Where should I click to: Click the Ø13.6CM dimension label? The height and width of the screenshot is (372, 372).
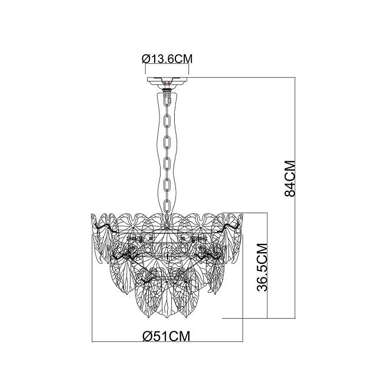coord(168,58)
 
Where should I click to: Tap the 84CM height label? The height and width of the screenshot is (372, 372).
coord(289,178)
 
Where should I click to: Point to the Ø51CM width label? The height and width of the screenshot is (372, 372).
coord(167,336)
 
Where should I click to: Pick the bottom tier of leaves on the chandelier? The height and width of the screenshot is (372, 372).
coord(168,295)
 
